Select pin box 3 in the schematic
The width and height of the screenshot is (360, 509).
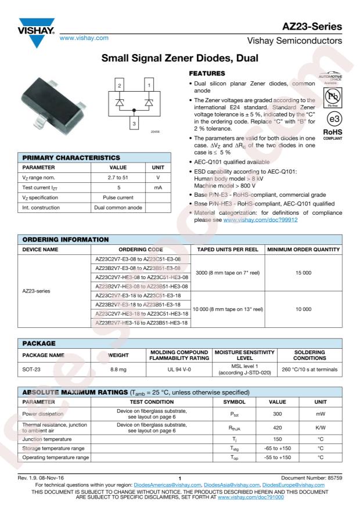tap(135, 123)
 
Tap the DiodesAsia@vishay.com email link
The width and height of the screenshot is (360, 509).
tap(229, 485)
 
